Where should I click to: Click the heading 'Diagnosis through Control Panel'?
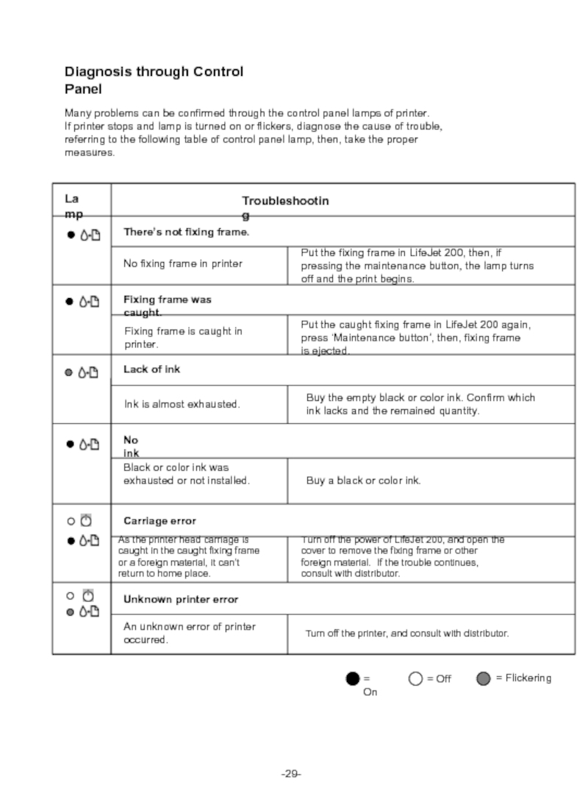point(154,80)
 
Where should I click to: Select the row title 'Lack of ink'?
point(151,369)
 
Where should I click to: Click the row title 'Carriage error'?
point(159,521)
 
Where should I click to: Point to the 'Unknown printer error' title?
point(181,600)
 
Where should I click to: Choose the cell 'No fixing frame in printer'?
point(183,263)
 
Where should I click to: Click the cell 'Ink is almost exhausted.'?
point(182,404)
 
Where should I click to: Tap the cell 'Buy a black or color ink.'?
point(363,480)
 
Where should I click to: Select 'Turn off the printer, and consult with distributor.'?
point(407,633)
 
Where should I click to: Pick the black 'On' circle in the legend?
point(354,678)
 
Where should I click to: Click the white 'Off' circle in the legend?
point(415,678)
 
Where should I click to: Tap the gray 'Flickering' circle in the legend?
point(483,678)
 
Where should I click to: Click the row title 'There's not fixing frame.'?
point(187,232)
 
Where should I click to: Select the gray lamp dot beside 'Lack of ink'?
point(69,372)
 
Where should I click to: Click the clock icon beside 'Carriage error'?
point(86,521)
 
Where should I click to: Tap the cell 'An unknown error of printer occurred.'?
point(190,633)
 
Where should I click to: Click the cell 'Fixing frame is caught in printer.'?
point(183,338)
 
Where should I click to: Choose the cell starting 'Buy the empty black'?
point(420,404)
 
